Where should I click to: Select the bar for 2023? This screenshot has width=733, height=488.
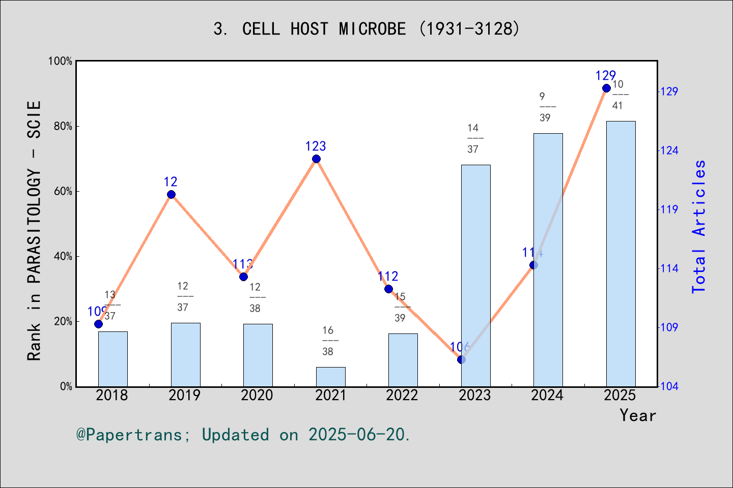[x=475, y=276]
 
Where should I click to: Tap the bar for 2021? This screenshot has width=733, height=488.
[x=330, y=377]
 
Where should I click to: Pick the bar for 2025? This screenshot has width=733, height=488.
[x=621, y=254]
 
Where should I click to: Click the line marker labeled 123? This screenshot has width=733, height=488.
[x=316, y=159]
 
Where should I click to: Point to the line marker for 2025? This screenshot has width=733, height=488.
[x=606, y=88]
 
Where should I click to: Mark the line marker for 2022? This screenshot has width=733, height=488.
[x=388, y=289]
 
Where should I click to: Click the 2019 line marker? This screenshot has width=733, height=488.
[x=171, y=195]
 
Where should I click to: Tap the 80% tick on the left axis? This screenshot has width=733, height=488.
[x=63, y=126]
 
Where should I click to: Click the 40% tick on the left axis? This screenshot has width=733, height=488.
[x=63, y=256]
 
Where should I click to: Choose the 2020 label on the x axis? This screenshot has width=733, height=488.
[x=257, y=395]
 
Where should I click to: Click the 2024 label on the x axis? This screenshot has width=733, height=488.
[x=547, y=395]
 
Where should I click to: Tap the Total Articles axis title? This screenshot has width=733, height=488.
[x=699, y=227]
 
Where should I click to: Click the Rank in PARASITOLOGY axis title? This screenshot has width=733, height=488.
[x=34, y=231]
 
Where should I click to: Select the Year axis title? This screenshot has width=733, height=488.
[x=638, y=415]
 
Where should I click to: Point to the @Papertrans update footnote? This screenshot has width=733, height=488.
[x=243, y=435]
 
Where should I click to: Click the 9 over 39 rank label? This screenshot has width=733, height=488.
[x=545, y=107]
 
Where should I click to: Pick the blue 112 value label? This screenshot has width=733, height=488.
[x=388, y=277]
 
